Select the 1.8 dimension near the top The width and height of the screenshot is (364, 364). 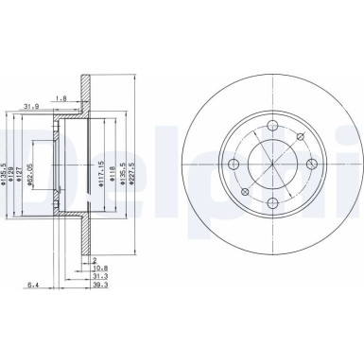[87, 97]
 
